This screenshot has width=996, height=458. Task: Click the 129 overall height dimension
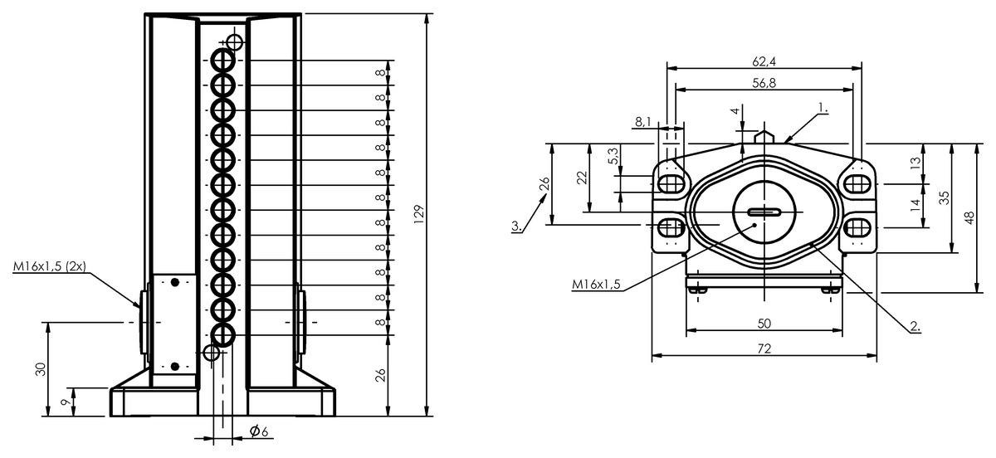coord(419,214)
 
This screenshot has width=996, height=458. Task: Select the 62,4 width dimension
coord(764,61)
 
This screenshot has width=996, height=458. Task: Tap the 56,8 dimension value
coord(764,83)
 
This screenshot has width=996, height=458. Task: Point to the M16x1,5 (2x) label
coord(49,266)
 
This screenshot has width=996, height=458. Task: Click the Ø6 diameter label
coord(259,431)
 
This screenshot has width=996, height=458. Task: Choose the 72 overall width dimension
coord(764,348)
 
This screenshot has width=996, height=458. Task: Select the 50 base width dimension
coord(764,324)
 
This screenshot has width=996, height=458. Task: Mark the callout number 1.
coord(823,108)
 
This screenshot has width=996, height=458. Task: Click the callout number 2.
coord(915,326)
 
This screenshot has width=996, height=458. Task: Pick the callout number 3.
coord(516,226)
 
